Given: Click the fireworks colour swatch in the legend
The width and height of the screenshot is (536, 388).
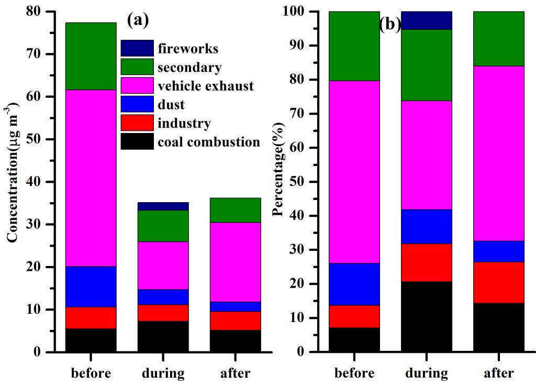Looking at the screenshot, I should [x=137, y=48].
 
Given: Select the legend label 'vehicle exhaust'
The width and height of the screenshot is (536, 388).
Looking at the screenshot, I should [x=206, y=86].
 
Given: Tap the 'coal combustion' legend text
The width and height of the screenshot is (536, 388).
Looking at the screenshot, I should [x=209, y=142].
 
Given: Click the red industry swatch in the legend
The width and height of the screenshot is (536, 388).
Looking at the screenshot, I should [x=137, y=123].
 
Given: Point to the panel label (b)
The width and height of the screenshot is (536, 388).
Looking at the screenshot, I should [x=390, y=25].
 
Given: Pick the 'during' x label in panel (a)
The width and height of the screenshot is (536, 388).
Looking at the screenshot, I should [x=163, y=373].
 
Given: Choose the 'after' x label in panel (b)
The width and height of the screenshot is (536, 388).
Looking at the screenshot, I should [x=499, y=373].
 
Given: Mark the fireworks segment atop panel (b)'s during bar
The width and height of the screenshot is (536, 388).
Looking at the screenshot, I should [x=427, y=20].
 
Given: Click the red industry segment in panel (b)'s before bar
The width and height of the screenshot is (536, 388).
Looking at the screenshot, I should [x=354, y=316].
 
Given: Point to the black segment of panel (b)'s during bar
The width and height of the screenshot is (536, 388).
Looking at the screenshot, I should [x=427, y=316].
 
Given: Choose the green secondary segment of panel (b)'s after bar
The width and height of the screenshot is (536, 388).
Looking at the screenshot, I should [x=499, y=38].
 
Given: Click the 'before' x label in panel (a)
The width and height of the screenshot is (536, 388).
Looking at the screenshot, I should [x=91, y=373].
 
